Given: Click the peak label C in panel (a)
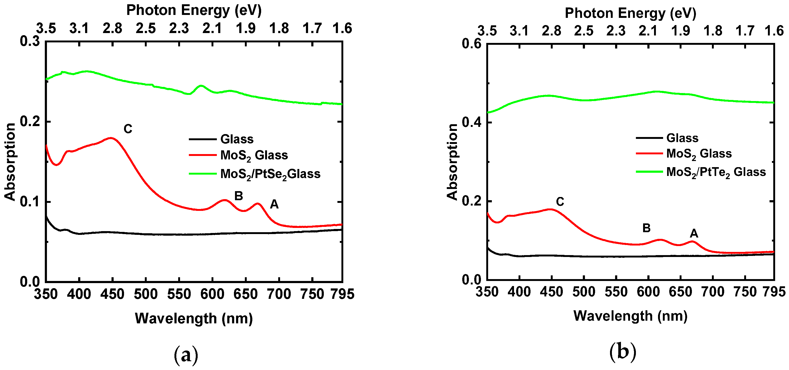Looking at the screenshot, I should (128, 129).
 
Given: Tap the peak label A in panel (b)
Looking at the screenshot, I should (694, 234).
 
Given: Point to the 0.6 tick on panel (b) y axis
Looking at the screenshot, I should (472, 44).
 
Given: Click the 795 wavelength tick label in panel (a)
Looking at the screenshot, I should (342, 294).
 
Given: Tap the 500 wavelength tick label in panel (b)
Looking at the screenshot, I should (584, 292).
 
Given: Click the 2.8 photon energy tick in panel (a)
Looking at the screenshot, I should (112, 29).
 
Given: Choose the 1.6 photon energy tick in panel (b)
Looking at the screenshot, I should (774, 31).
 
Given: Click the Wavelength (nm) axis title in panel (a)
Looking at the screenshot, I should (194, 319).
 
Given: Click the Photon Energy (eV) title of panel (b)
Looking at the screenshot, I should (630, 13).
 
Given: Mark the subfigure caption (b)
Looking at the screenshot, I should (623, 352).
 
